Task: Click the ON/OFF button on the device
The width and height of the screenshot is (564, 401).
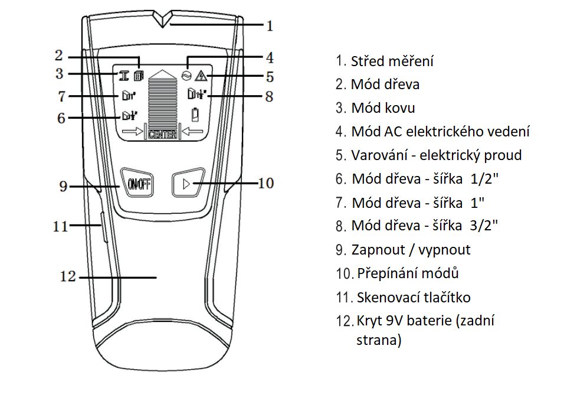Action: click(x=137, y=184)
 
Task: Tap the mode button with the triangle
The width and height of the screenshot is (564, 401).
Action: click(x=188, y=184)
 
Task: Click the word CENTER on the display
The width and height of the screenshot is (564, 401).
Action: click(x=162, y=135)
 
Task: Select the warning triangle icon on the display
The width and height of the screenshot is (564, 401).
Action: click(x=201, y=75)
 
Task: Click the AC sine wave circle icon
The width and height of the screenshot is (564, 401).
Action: click(x=188, y=75)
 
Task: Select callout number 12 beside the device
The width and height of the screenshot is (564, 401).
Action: click(x=68, y=276)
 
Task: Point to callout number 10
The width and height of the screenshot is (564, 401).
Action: click(x=266, y=182)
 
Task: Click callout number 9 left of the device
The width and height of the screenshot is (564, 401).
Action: click(x=64, y=187)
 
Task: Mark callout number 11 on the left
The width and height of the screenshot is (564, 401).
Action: click(x=61, y=226)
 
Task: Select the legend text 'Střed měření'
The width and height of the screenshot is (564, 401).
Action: click(x=392, y=61)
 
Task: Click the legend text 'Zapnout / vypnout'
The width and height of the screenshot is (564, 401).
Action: click(x=411, y=250)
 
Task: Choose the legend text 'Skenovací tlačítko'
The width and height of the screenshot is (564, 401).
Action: click(x=413, y=298)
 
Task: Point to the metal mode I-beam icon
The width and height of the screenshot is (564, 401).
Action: click(x=124, y=75)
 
